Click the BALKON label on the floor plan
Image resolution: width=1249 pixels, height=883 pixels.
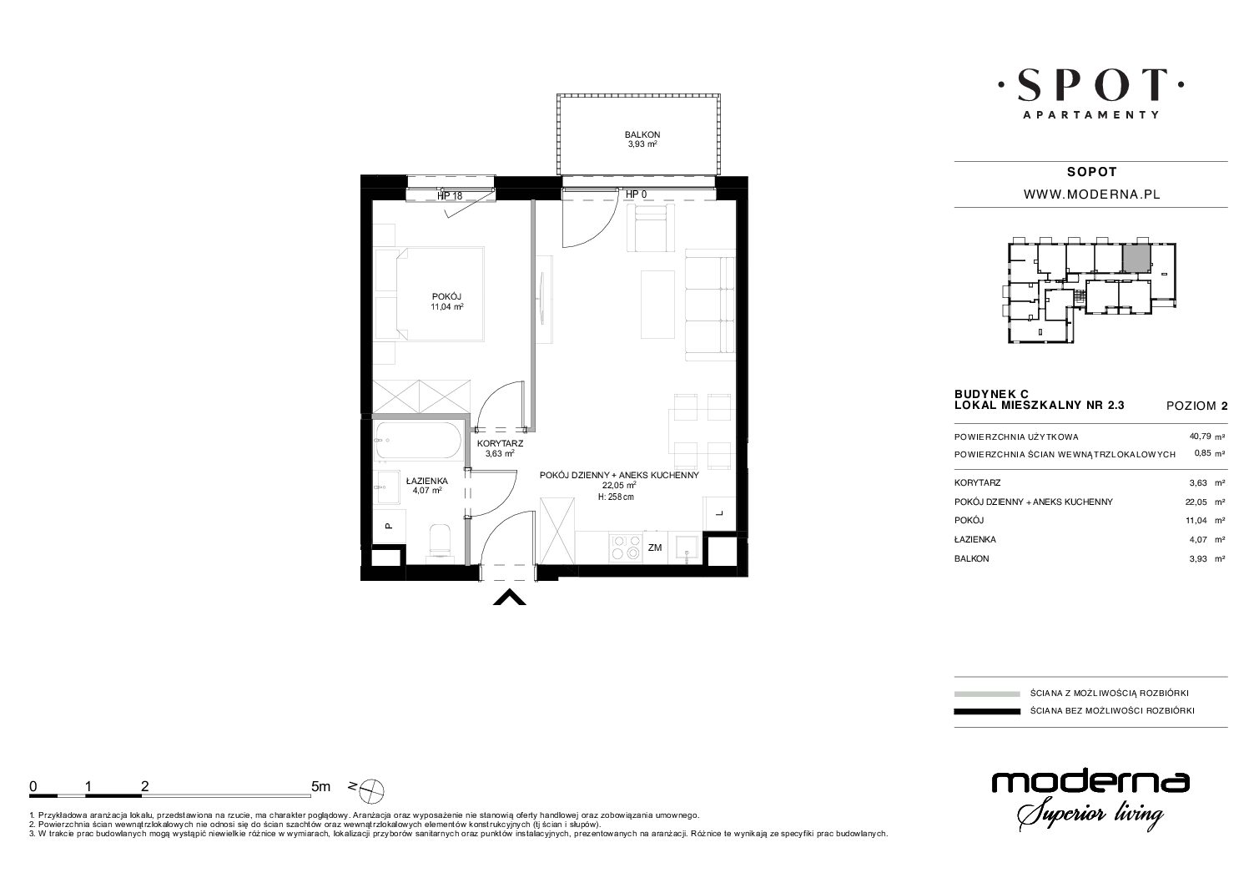click(x=642, y=134)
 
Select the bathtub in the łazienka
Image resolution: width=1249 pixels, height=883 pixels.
click(x=418, y=440)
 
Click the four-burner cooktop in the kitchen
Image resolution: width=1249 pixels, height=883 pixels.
click(x=626, y=547)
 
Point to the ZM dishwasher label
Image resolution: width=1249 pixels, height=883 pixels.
click(x=655, y=547)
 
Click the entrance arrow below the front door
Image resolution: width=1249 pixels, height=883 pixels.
click(x=509, y=598)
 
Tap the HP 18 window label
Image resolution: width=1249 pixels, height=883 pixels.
click(x=450, y=196)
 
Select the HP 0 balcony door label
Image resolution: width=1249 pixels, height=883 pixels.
click(x=637, y=194)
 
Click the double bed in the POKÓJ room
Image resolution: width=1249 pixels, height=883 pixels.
click(x=429, y=294)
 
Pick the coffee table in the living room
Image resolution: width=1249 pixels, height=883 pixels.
click(x=658, y=305)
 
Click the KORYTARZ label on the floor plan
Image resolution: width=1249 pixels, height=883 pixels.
click(x=500, y=443)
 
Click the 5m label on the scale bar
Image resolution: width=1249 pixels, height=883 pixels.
click(x=320, y=786)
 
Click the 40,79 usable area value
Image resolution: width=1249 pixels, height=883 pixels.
click(x=1200, y=436)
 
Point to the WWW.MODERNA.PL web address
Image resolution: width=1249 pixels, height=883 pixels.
click(x=1092, y=194)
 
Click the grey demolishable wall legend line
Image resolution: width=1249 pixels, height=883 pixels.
click(x=987, y=694)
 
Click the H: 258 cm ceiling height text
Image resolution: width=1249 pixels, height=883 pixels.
click(x=616, y=497)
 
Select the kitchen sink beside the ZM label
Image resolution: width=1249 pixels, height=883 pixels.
click(x=687, y=547)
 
